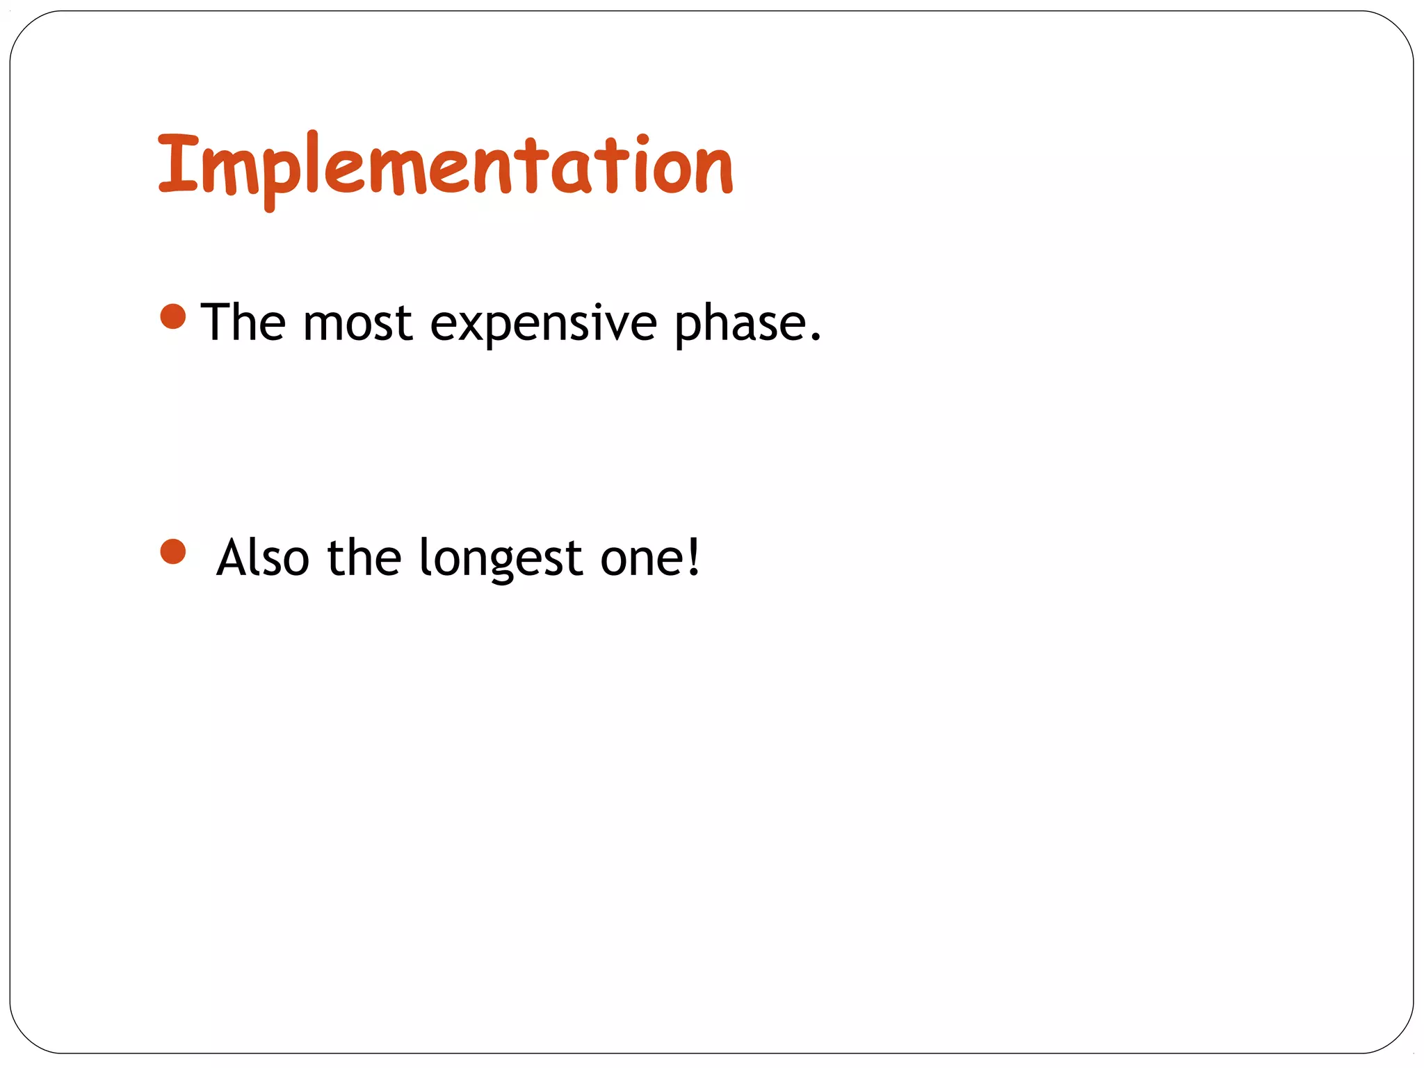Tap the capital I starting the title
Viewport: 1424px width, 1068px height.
(178, 163)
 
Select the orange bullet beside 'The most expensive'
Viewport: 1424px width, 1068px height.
(173, 316)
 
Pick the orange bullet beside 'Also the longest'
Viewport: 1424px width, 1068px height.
(173, 552)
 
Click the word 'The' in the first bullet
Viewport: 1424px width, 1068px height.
(243, 323)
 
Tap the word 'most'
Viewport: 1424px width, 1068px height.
(358, 324)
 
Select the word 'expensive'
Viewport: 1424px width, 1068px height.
(543, 325)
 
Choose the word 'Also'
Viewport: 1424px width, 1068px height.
(263, 558)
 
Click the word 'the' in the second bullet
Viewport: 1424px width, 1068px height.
(364, 558)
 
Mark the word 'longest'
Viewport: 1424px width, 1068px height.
(501, 560)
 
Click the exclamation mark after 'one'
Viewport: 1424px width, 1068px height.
(693, 556)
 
